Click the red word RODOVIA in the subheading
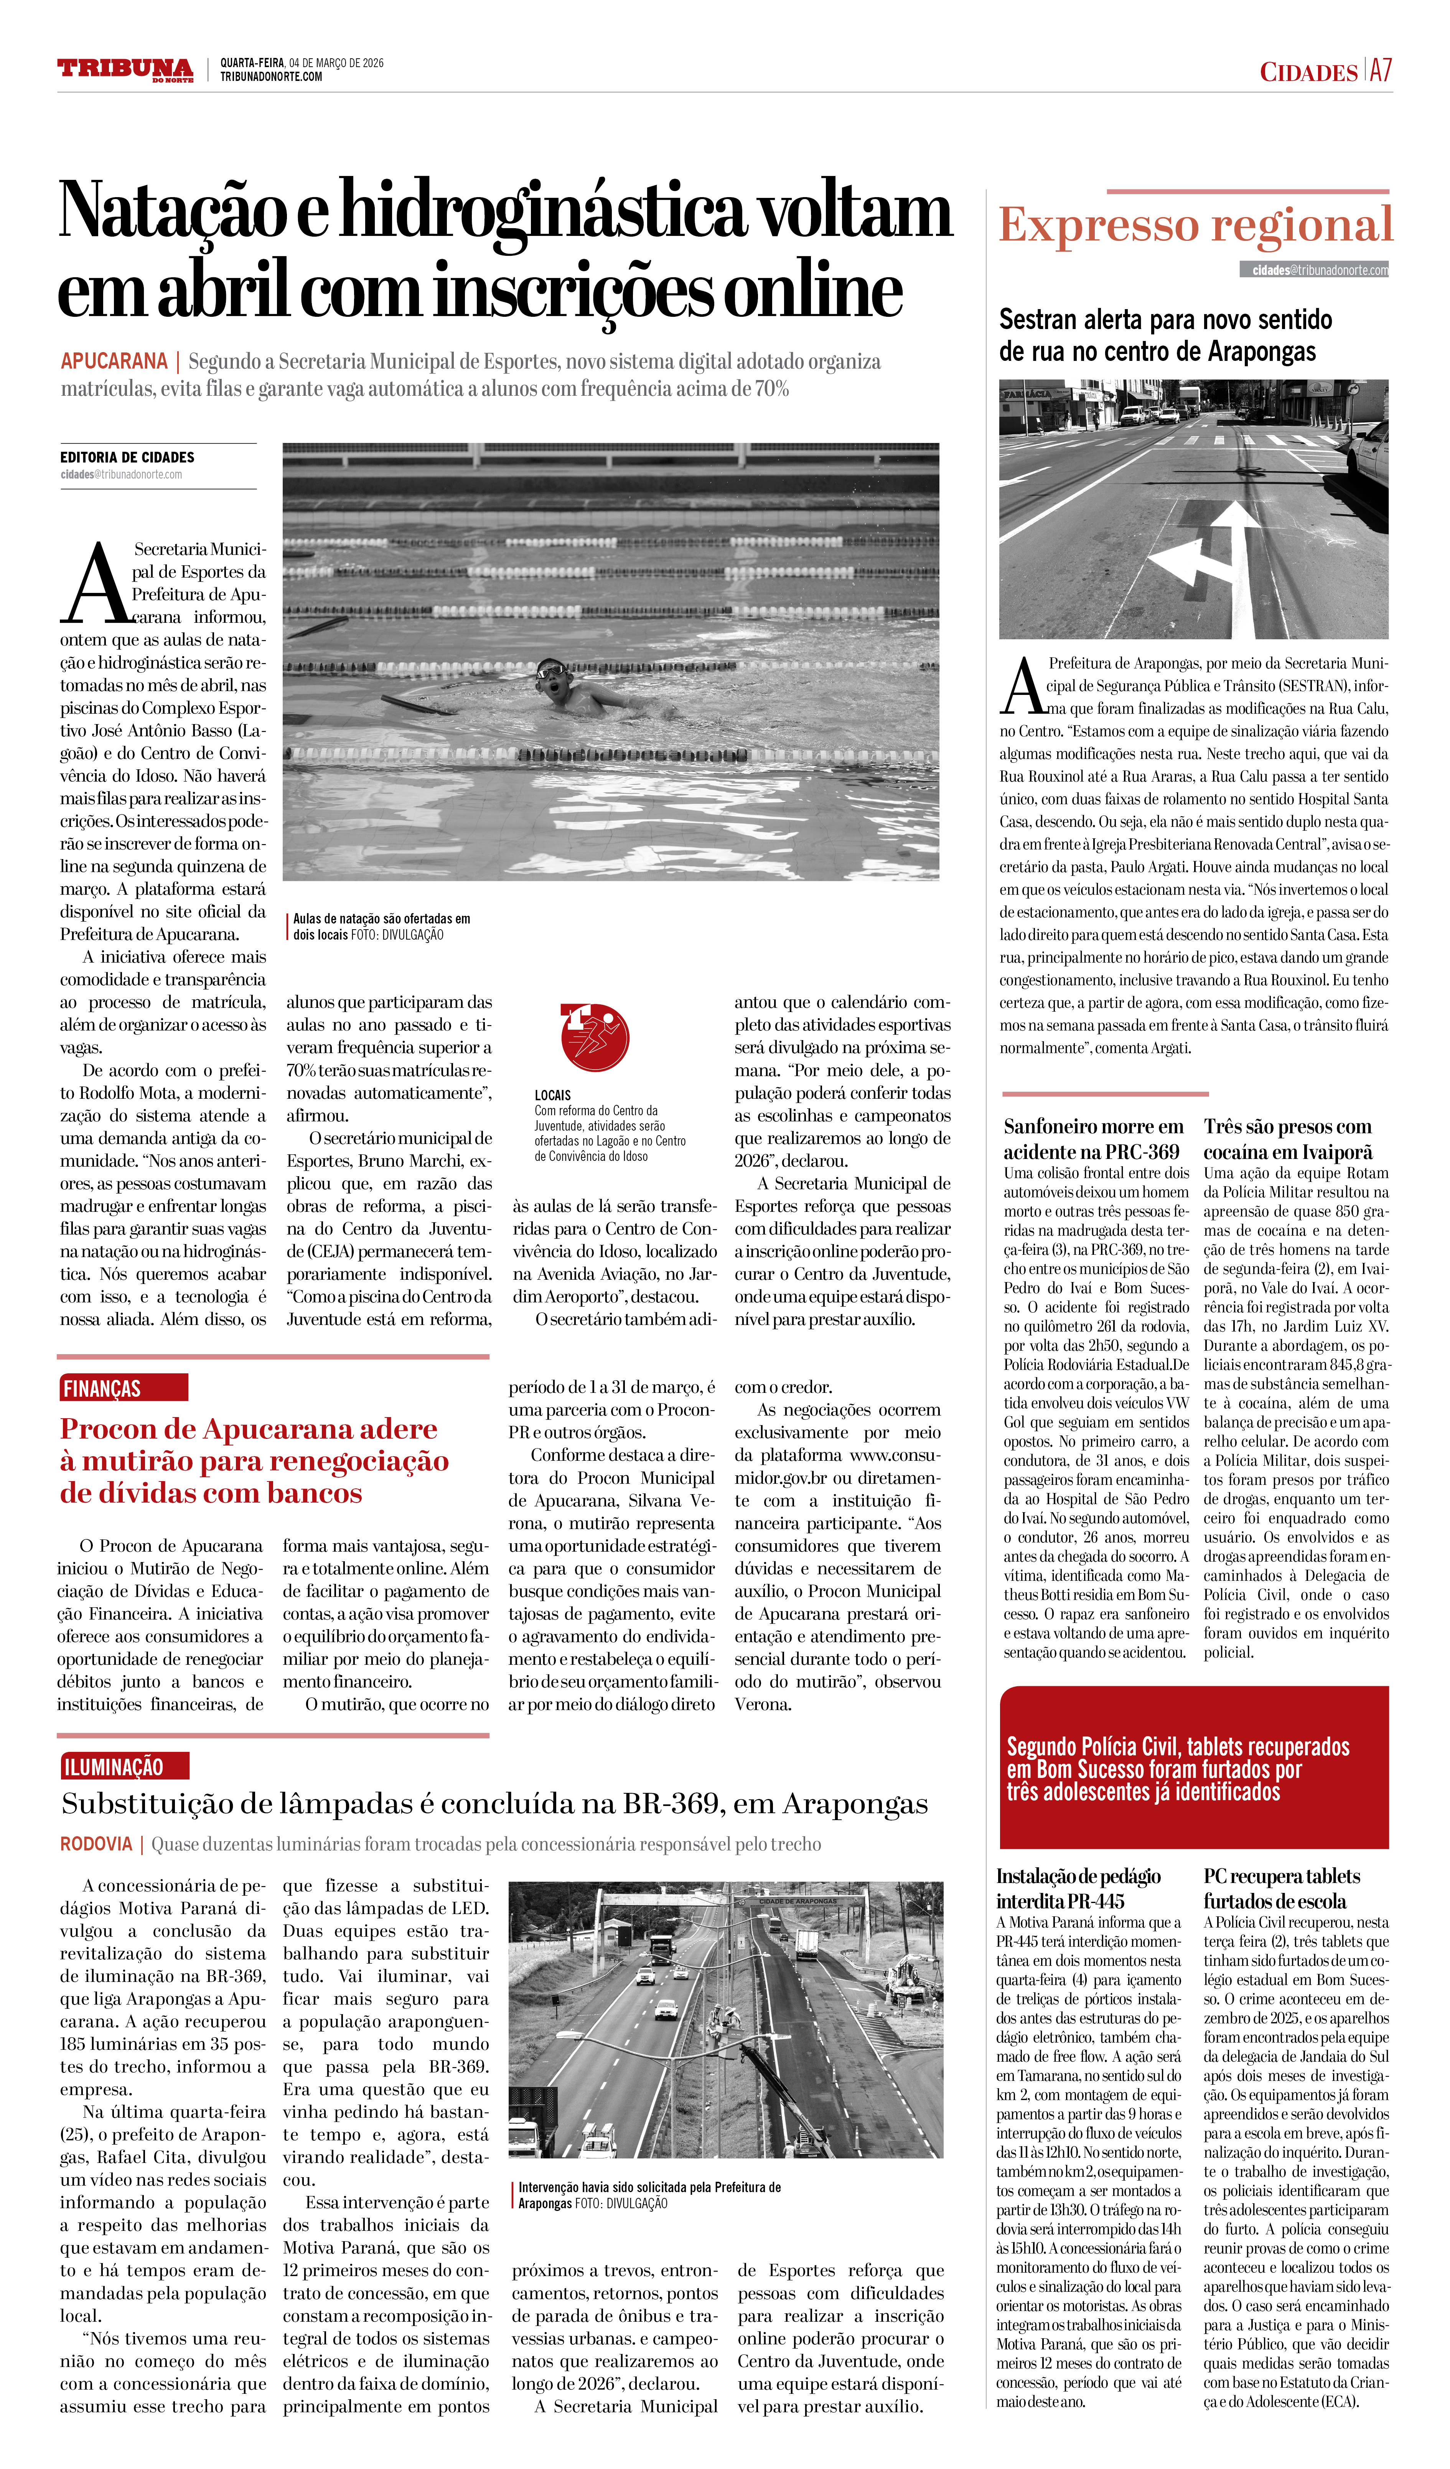96,1844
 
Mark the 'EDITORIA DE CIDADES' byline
127,458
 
